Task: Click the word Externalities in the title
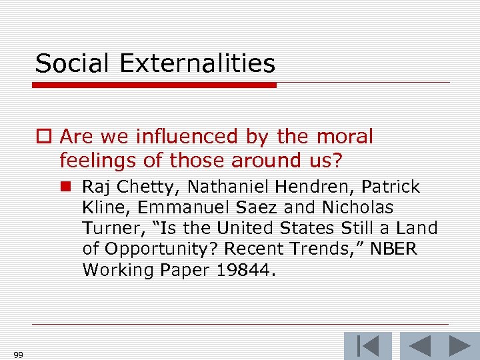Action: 198,64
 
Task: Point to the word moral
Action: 345,137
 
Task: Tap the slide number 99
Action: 18,355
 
